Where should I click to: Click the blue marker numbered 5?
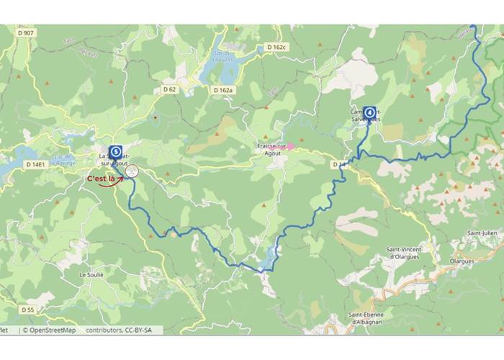click(x=115, y=152)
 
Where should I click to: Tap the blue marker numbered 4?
click(x=369, y=112)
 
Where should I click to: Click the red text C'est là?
click(x=101, y=179)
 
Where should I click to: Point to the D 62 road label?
click(x=169, y=89)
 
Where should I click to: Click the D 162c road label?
click(x=276, y=47)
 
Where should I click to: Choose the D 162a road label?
click(x=223, y=90)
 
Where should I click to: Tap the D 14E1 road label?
click(x=36, y=165)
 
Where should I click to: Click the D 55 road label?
click(x=27, y=310)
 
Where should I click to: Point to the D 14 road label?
click(x=340, y=166)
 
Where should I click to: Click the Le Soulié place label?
click(x=92, y=274)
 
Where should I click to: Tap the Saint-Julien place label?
click(x=484, y=233)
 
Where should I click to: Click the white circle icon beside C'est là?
click(x=132, y=171)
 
